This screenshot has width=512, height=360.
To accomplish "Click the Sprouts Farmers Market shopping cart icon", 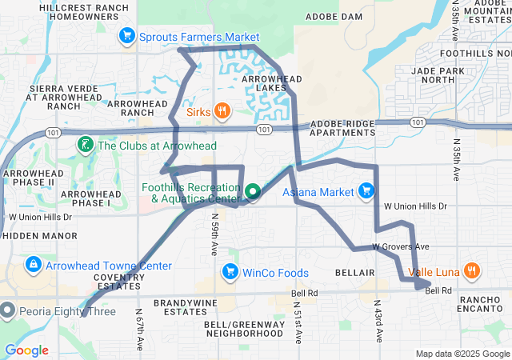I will coord(126,36).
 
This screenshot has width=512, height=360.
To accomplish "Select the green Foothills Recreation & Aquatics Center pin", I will coord(253,192).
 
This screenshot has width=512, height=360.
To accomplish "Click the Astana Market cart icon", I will coord(366,191).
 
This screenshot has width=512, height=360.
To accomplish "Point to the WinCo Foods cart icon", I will coord(230,271).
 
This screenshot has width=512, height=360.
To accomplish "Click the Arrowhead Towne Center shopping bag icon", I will coord(33,265).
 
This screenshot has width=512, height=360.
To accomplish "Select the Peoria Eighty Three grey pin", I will coord(7,310).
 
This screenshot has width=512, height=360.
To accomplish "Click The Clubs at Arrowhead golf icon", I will coord(83,145).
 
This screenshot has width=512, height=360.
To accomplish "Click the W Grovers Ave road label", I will coord(400,247).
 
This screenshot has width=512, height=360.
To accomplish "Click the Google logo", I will coord(26,350).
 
